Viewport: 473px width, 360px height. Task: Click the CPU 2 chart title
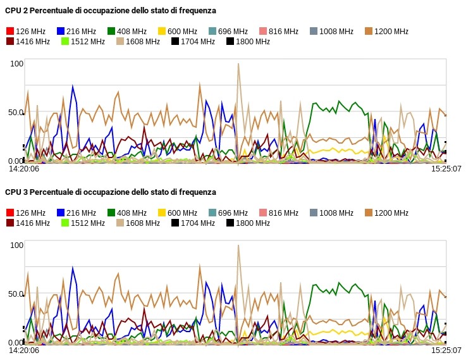point(111,11)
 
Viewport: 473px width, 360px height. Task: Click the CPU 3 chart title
point(111,192)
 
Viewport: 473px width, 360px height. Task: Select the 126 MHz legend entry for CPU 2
point(26,31)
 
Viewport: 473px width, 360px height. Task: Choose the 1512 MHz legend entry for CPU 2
point(83,42)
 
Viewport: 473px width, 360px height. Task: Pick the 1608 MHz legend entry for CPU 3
point(138,223)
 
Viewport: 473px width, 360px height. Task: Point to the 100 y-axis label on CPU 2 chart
point(16,63)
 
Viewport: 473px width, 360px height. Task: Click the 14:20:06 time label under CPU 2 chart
point(23,169)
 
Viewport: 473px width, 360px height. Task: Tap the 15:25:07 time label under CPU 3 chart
point(446,350)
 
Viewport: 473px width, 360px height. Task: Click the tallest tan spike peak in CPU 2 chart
point(238,63)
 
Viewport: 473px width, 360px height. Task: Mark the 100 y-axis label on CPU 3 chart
point(16,245)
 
